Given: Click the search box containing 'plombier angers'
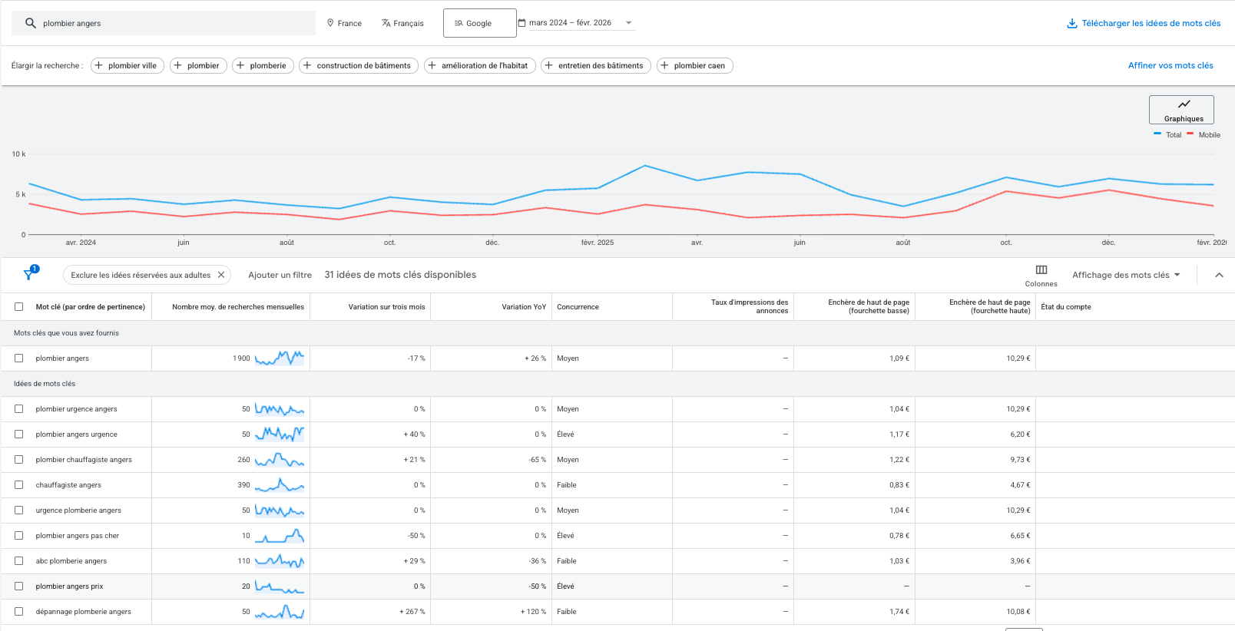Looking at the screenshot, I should (163, 23).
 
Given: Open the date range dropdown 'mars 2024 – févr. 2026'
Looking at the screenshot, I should (577, 23).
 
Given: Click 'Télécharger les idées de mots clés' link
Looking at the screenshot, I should (1144, 24).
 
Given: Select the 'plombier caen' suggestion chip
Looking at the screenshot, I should (695, 66).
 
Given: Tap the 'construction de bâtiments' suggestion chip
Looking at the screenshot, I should (359, 66).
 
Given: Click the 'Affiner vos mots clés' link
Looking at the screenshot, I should (1170, 66).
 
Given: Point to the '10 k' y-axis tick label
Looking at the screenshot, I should (18, 154).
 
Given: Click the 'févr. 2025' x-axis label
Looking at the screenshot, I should (597, 243).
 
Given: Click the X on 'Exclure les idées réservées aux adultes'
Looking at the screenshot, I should (221, 275).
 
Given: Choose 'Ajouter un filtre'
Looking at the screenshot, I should (280, 275).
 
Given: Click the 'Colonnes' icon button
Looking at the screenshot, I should (1041, 275).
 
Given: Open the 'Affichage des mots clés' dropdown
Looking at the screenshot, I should (1126, 275).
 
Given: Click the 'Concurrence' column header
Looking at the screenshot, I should (578, 307).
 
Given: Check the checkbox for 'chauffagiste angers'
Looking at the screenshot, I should (19, 485).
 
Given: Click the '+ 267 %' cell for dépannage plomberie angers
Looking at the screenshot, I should (412, 612).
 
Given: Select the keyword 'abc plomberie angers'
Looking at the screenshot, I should (71, 561).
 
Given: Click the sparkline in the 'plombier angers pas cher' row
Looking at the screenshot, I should (280, 536).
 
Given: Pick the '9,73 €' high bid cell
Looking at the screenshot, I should (1019, 460).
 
